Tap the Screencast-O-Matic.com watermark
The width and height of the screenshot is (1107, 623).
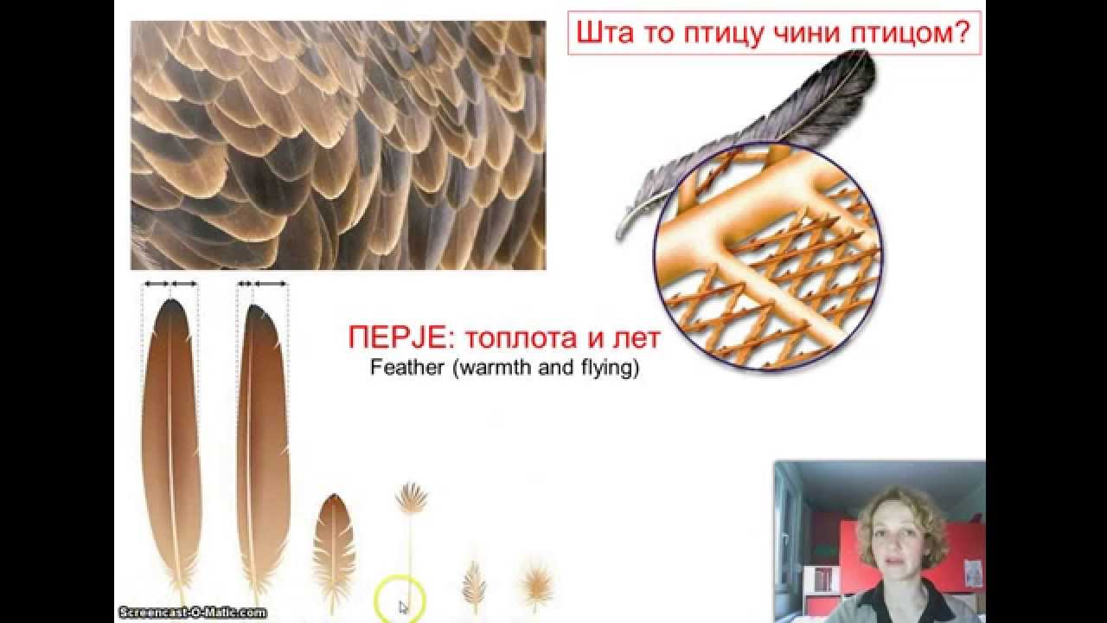[x=192, y=612]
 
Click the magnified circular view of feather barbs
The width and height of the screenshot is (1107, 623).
[x=768, y=260]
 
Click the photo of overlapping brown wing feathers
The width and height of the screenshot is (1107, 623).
[x=338, y=145]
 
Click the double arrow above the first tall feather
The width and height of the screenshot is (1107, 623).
[x=170, y=284]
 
